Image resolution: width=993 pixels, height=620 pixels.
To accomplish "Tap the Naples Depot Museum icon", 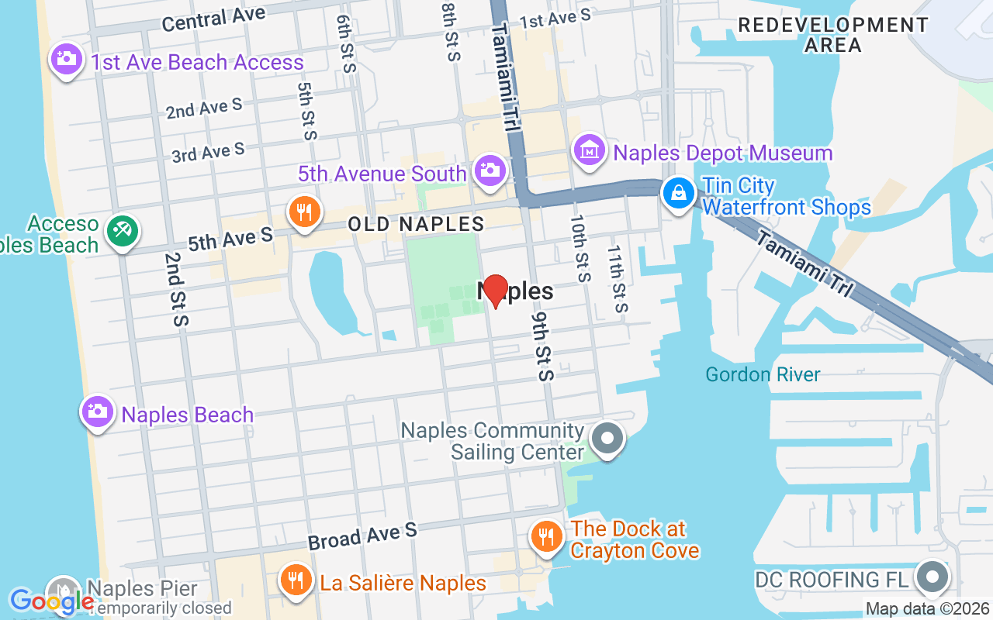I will click(x=590, y=150).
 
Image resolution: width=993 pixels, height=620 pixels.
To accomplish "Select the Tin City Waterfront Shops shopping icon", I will click(x=679, y=193).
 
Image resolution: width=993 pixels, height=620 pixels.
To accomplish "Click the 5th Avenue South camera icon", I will click(x=490, y=170).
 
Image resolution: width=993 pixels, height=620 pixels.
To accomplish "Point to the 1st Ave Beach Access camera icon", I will click(x=66, y=59).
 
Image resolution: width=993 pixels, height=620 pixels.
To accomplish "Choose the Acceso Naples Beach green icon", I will click(x=123, y=230).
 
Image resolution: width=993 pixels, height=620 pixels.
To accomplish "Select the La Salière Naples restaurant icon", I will click(x=295, y=580).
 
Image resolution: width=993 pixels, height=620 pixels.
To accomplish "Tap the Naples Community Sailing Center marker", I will click(x=607, y=439).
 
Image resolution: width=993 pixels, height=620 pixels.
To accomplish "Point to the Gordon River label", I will click(x=763, y=375).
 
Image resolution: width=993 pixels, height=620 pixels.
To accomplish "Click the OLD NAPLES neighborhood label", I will click(x=416, y=225).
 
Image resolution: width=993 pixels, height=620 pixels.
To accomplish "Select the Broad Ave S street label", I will click(x=362, y=536).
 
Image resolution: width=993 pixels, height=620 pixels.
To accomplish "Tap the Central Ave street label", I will click(x=213, y=19).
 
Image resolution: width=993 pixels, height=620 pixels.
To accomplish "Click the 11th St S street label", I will click(x=617, y=279).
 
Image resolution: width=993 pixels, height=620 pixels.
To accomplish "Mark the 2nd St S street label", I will click(x=176, y=289).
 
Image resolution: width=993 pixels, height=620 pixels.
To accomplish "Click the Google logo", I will click(x=51, y=601).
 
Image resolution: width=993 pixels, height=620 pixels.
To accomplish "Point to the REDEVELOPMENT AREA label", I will click(x=833, y=35).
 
